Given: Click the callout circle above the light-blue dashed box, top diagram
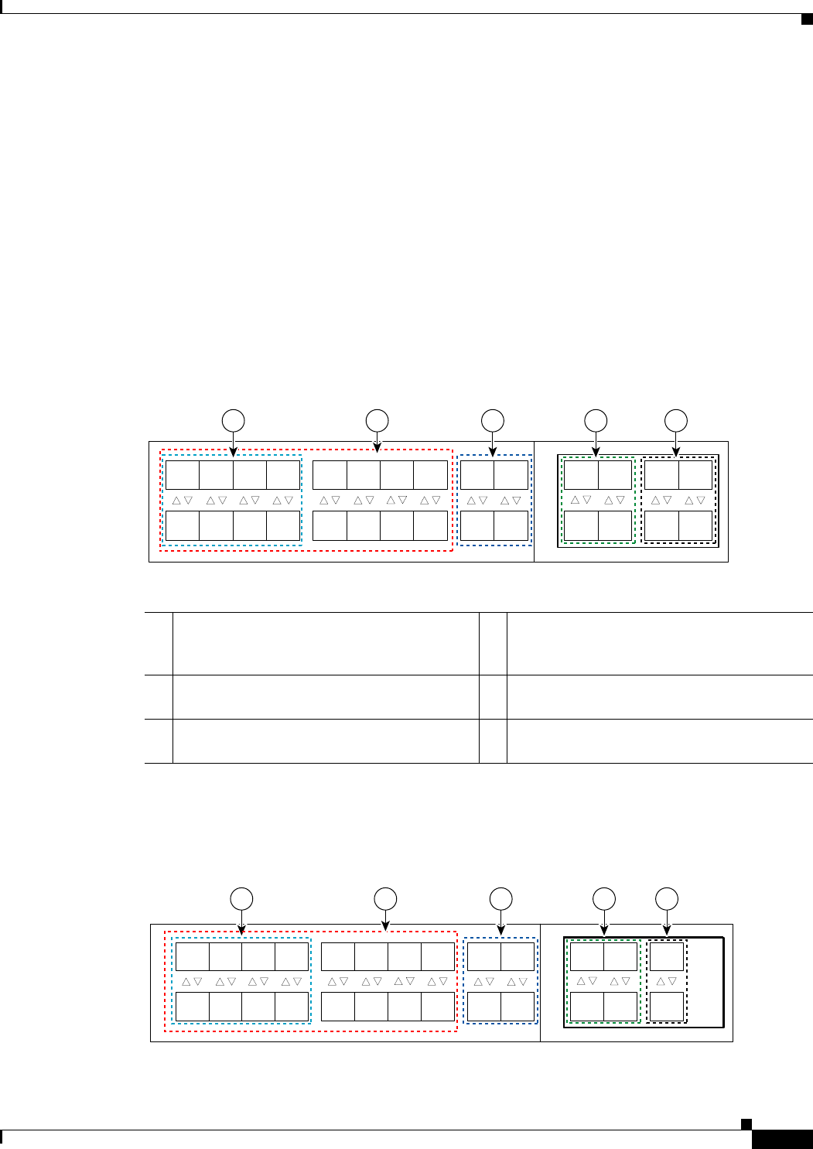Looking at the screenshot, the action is (x=234, y=420).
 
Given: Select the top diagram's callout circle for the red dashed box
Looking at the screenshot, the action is (x=377, y=420).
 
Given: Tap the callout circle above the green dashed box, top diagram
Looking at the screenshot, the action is (x=596, y=420).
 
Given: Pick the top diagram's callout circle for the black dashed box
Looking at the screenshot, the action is (x=676, y=420).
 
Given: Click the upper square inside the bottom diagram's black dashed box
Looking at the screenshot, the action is (x=667, y=956).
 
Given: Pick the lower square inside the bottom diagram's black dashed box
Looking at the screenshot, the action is (x=667, y=1007).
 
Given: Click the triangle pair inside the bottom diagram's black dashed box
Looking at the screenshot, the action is (x=667, y=981).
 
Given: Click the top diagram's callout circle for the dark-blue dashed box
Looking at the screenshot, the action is (x=493, y=420).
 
